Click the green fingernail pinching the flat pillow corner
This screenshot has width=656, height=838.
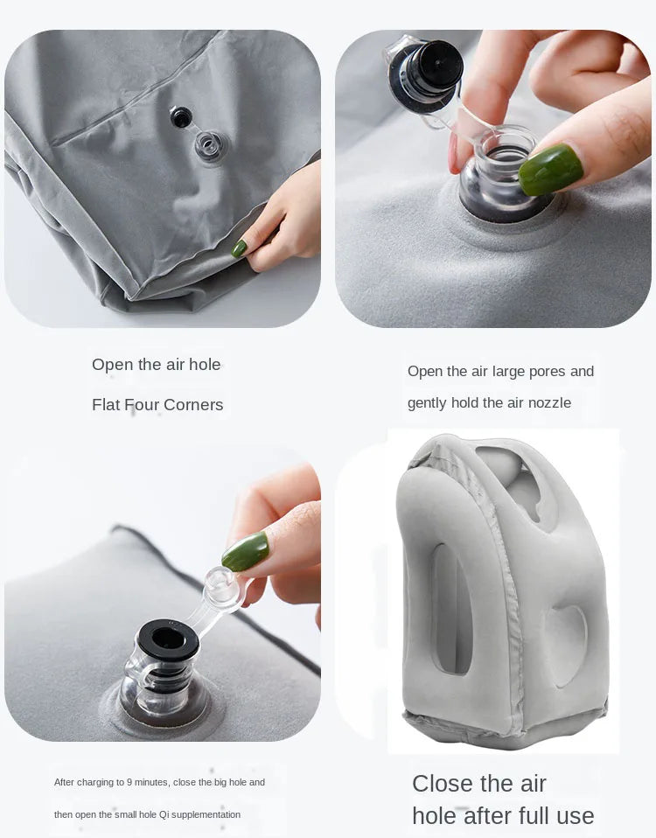(x=239, y=248)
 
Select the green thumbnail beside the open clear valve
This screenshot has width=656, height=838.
(x=550, y=169)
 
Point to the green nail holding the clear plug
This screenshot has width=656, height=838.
(x=246, y=551)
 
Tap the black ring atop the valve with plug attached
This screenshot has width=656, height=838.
(x=168, y=639)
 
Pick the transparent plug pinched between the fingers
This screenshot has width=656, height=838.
(x=220, y=590)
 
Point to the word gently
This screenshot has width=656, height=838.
(x=427, y=403)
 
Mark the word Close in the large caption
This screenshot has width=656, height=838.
(x=443, y=783)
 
